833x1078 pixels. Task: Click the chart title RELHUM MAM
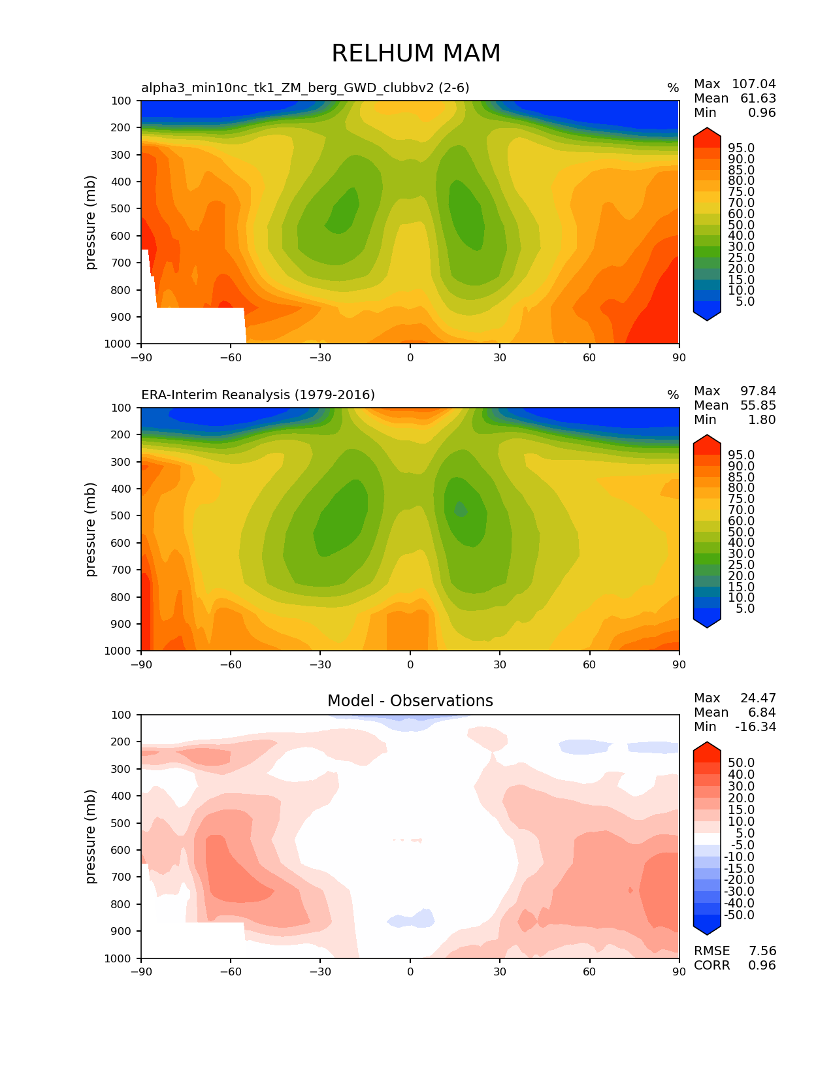(416, 54)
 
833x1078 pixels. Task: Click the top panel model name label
(305, 88)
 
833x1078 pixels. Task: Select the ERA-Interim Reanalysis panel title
(258, 395)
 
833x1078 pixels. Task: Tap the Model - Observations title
(410, 701)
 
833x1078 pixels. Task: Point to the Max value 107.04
(753, 84)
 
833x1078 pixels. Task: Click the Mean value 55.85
(758, 406)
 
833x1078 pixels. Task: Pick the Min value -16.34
(755, 727)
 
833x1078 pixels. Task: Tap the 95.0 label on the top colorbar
(742, 148)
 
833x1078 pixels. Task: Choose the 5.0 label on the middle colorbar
(745, 608)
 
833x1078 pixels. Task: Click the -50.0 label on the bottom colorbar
(739, 915)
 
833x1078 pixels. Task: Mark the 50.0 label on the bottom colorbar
(742, 762)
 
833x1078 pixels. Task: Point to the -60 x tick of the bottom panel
(230, 972)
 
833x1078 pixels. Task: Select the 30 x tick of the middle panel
(500, 664)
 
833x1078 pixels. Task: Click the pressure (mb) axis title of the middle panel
(91, 529)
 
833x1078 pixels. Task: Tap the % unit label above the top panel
(673, 88)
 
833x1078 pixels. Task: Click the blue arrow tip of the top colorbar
(707, 316)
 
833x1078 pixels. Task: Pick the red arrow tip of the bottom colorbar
(707, 746)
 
